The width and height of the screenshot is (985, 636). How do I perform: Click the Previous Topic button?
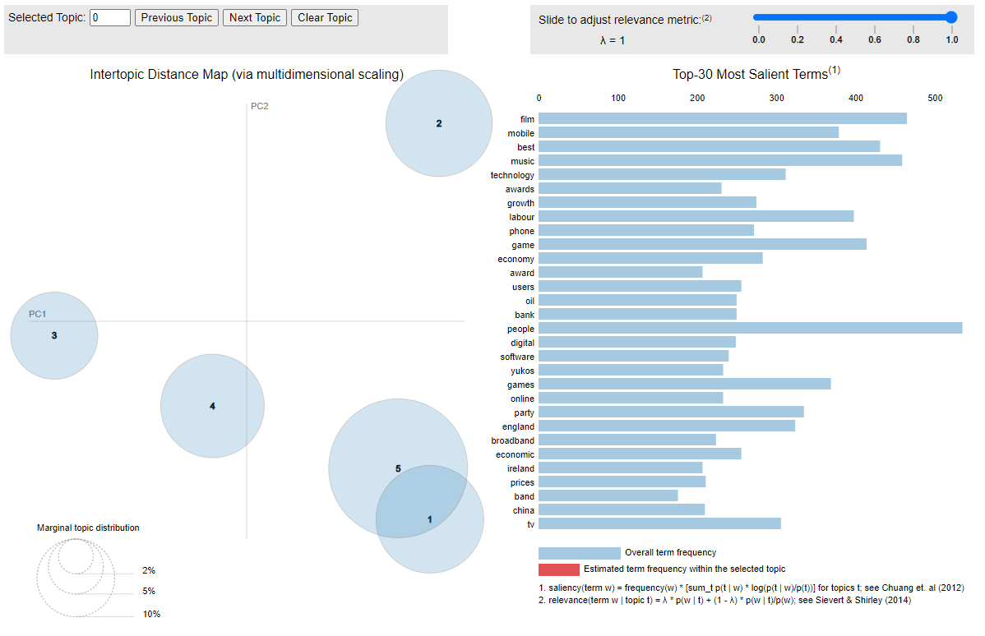[177, 17]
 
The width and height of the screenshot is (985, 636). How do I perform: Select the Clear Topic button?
[325, 17]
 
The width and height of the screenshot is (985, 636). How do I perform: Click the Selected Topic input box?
[110, 17]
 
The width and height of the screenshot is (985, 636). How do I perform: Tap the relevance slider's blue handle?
[952, 17]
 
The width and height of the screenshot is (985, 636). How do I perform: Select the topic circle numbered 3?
[54, 335]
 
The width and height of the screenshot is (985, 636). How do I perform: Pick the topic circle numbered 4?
[212, 406]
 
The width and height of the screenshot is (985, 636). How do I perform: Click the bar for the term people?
[750, 329]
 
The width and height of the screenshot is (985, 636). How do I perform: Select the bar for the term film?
[723, 119]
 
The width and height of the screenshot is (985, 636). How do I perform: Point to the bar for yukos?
[631, 371]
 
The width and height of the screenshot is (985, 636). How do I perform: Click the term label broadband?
[513, 440]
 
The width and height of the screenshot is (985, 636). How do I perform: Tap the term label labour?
[521, 217]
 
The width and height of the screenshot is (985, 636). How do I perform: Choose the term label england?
[518, 426]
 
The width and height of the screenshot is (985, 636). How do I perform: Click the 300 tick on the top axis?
[777, 98]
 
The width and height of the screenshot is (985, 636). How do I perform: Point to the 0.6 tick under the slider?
[875, 39]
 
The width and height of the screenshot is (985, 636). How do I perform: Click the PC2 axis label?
[260, 106]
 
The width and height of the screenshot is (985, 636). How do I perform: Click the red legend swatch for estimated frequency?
[559, 569]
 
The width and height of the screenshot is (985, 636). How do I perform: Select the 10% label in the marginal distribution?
[151, 614]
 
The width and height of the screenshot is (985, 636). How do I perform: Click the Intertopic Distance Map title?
[247, 75]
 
